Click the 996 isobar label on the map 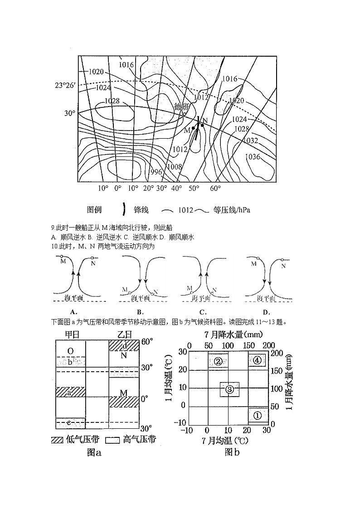(x=156, y=172)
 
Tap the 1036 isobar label (x=253, y=157)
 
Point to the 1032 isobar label (x=250, y=141)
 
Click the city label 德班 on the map (x=181, y=107)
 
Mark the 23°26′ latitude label (x=65, y=85)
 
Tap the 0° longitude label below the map (x=118, y=188)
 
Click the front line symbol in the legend (x=124, y=209)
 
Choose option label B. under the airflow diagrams (x=140, y=312)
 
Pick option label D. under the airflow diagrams (x=266, y=312)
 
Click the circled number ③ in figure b (x=229, y=389)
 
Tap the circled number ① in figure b (x=257, y=415)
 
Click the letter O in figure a (x=70, y=351)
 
